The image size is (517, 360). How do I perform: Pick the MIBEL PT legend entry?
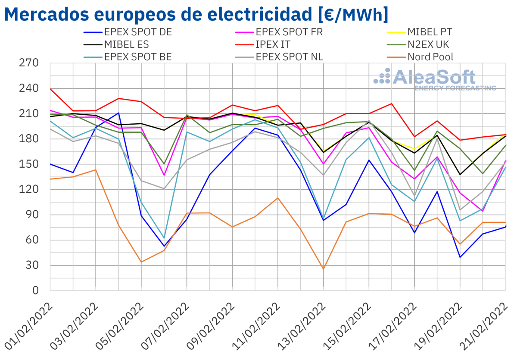click(430, 32)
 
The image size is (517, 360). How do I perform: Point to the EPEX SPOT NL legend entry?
click(290, 57)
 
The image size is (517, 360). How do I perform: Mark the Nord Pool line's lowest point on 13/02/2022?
click(323, 269)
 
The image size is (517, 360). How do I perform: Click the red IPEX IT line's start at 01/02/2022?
click(51, 89)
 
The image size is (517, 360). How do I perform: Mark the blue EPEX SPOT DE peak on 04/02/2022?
click(118, 113)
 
